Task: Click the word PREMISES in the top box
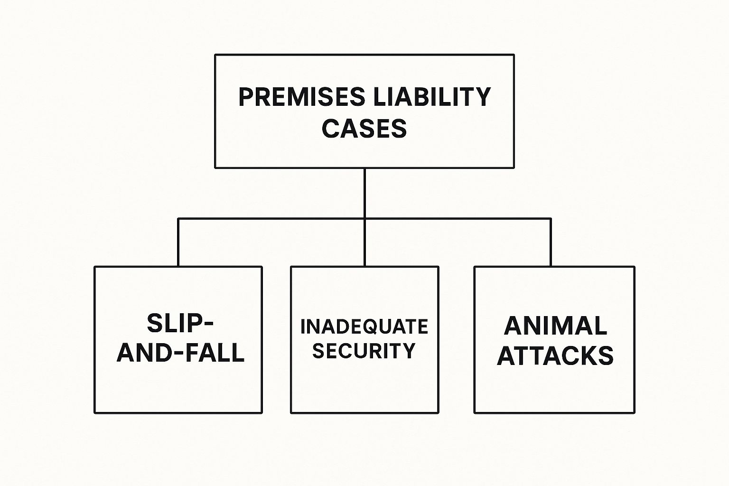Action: coord(302,97)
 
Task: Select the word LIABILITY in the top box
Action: coord(432,97)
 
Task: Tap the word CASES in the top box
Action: coord(364,128)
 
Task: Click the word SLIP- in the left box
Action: coord(180,323)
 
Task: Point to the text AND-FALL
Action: coord(181,352)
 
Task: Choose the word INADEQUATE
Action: coord(364,327)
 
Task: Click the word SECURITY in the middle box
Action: coord(364,350)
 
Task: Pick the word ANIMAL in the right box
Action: coord(556,326)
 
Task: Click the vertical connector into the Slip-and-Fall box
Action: coord(178,243)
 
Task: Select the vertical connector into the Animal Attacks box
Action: coord(551,243)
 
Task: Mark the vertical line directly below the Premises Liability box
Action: coord(364,193)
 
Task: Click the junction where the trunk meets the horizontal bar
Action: coord(364,218)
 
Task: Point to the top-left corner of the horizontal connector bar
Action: coord(178,218)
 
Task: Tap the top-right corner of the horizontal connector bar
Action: coord(551,218)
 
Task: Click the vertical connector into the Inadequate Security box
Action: coord(364,243)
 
